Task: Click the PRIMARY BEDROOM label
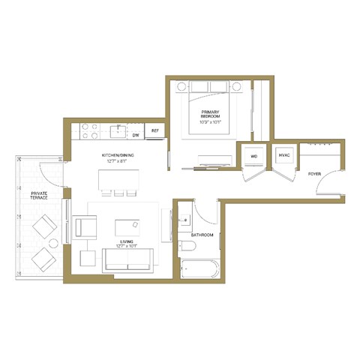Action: (209, 115)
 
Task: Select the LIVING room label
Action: (125, 241)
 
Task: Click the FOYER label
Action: (315, 173)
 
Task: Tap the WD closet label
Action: (253, 156)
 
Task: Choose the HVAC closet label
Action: (284, 156)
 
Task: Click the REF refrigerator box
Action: (155, 131)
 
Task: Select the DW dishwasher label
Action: (136, 136)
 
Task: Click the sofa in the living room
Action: (127, 259)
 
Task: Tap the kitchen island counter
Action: (118, 180)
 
